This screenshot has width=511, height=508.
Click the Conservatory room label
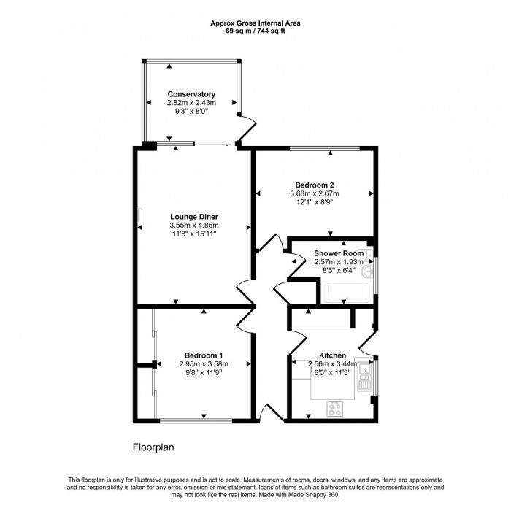coord(191,94)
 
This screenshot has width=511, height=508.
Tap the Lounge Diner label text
coord(194,217)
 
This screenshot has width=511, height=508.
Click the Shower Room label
coord(339,253)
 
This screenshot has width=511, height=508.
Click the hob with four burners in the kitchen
coord(336,409)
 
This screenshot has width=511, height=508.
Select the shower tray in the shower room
coord(347,293)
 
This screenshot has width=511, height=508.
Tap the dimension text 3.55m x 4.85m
coord(194,226)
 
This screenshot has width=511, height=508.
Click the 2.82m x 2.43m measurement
coord(191,104)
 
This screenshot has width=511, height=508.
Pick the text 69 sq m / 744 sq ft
coord(255,31)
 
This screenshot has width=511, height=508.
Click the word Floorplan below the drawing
coord(153,446)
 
